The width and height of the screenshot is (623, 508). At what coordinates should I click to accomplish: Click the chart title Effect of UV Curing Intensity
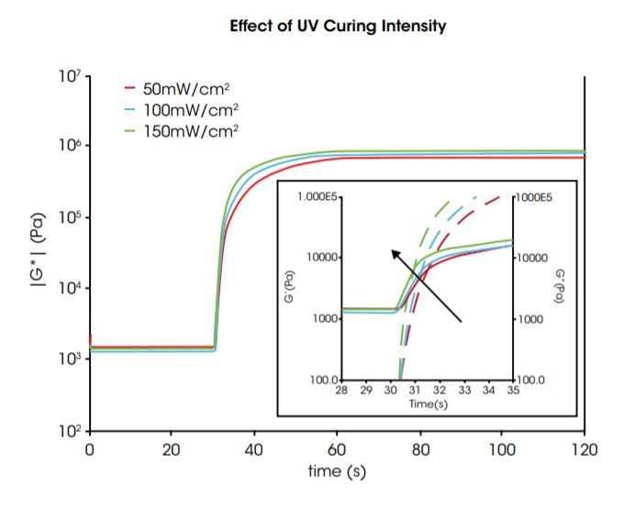tap(339, 27)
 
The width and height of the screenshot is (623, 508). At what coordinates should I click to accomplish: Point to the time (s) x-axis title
tap(337, 472)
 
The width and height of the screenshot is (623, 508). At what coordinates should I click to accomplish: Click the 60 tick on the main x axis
tap(338, 449)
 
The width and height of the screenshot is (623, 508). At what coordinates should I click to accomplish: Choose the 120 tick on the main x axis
tap(584, 449)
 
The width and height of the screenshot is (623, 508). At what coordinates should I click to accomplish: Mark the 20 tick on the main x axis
tap(172, 449)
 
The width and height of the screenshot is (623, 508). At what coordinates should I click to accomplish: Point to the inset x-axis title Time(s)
tap(427, 404)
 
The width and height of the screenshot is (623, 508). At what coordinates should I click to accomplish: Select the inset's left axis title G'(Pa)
tap(292, 287)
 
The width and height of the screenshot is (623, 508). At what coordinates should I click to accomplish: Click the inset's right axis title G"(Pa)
tap(559, 287)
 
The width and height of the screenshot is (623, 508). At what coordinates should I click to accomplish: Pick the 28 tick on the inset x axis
tap(341, 391)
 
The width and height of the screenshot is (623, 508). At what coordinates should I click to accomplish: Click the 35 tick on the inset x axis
tap(513, 391)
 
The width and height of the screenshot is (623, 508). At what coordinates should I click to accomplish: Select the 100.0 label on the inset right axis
tap(532, 379)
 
